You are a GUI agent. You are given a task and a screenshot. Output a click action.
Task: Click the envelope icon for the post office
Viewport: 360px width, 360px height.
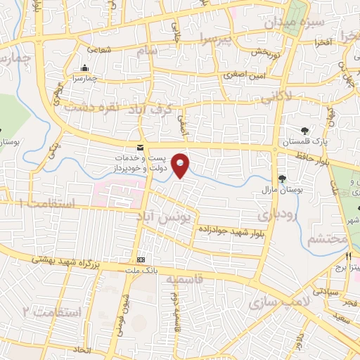pos(140,147)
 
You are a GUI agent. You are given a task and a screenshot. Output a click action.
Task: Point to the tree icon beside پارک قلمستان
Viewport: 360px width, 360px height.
pos(304,130)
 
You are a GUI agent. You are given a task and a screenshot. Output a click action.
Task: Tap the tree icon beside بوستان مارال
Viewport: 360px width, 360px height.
pos(282,179)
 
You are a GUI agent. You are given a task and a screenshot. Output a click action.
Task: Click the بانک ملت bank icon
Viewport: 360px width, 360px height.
pos(140,260)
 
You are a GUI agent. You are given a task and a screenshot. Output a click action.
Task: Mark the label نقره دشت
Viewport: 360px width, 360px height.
pos(90,107)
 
